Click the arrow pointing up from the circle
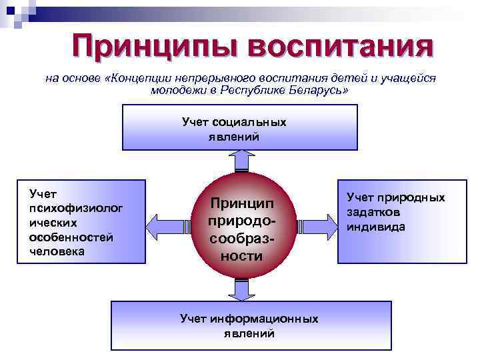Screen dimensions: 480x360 coord(241,160)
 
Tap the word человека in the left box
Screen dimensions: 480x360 coord(57,251)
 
